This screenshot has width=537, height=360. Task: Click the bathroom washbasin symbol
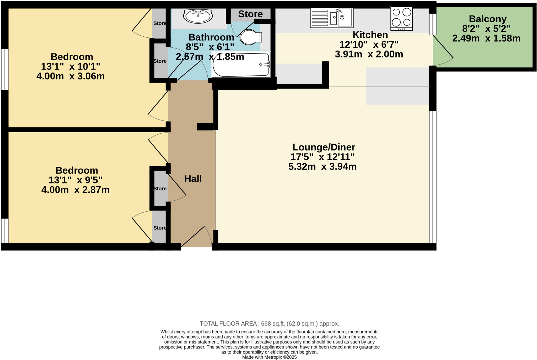[198, 16]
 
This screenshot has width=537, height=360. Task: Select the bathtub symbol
[241, 65]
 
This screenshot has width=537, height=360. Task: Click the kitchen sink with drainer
[331, 18]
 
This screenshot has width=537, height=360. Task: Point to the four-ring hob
[401, 19]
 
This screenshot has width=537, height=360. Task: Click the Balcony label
[487, 19]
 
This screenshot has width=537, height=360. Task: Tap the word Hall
[193, 179]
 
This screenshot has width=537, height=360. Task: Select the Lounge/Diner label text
[324, 147]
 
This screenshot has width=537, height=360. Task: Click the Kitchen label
[370, 35]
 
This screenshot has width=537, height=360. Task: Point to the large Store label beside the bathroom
[250, 14]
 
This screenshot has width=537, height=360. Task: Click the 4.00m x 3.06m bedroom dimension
[71, 76]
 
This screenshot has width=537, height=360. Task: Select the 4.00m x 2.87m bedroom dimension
[75, 190]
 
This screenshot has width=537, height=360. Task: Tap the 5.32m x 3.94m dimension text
[322, 167]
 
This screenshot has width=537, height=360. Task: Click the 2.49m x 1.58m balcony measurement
[486, 39]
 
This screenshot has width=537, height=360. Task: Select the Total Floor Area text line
[269, 324]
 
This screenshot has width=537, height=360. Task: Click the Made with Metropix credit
[269, 357]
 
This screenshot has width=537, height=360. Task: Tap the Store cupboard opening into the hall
[160, 188]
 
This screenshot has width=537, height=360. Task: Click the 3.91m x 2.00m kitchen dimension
[369, 54]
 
